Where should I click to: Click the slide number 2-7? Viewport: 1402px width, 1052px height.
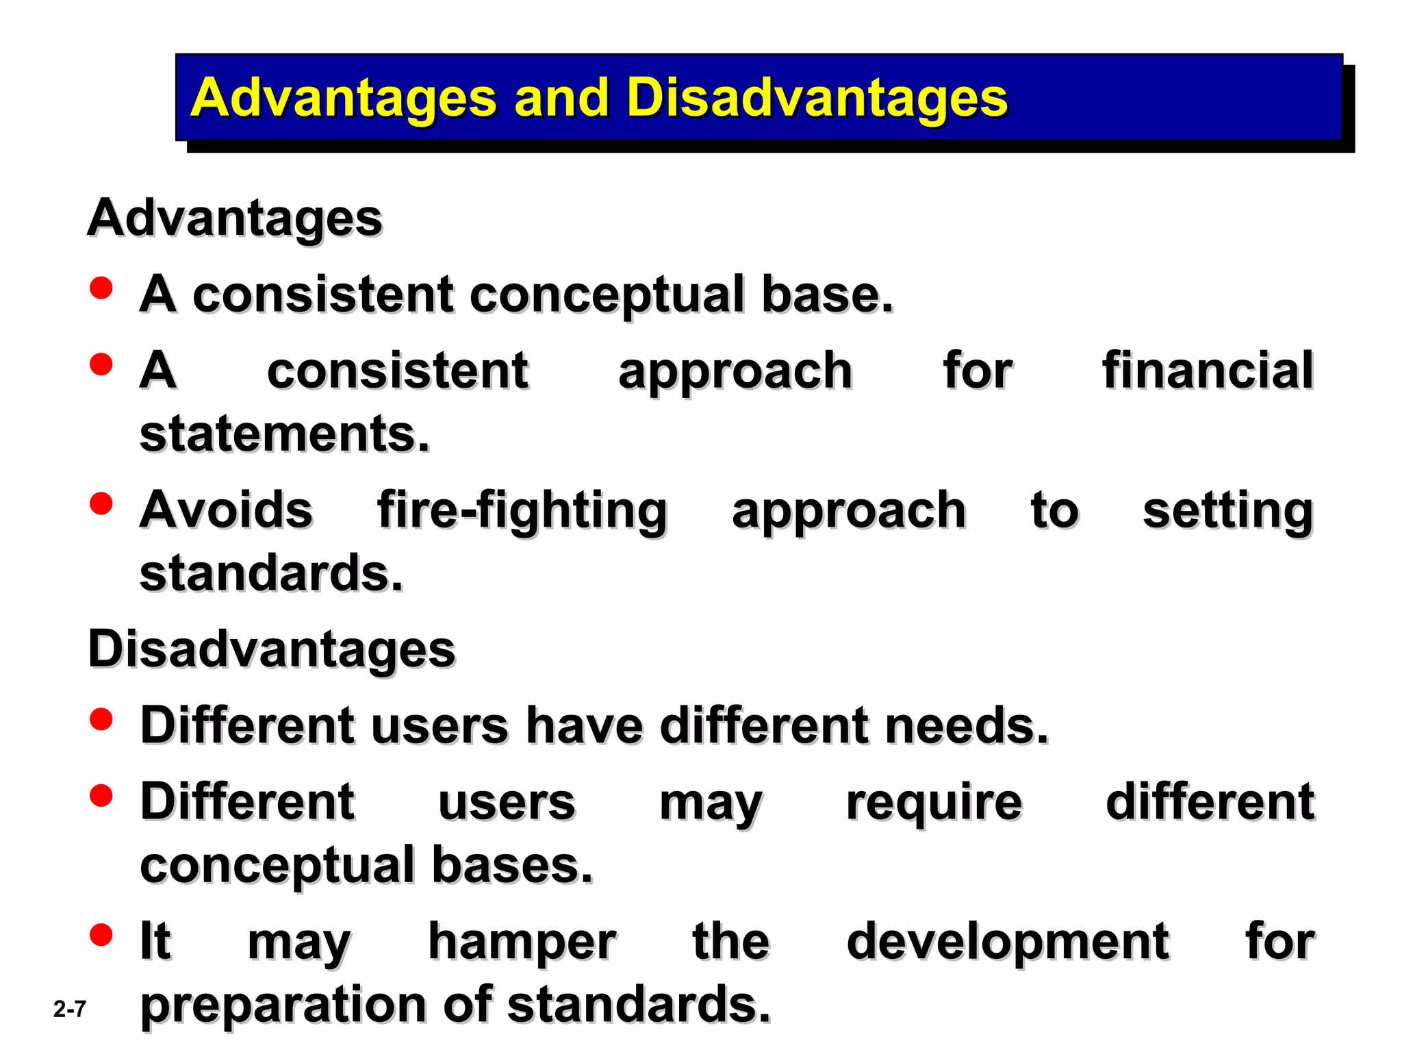click(x=70, y=1009)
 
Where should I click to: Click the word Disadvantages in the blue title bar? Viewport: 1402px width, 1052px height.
click(x=816, y=98)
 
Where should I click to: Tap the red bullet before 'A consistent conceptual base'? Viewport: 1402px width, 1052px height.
click(x=101, y=288)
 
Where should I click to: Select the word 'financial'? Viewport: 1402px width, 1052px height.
click(x=1208, y=371)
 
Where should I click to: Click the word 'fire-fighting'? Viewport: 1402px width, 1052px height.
click(x=522, y=511)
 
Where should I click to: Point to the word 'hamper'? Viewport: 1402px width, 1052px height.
click(x=522, y=942)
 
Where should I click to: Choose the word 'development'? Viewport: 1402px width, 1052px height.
click(x=1008, y=942)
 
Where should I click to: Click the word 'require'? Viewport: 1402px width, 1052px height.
click(x=934, y=802)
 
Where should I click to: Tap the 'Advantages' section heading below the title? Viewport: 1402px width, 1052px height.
click(x=235, y=218)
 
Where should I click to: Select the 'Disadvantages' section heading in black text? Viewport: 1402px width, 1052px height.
click(x=272, y=649)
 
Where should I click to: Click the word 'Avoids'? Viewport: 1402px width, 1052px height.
click(x=226, y=510)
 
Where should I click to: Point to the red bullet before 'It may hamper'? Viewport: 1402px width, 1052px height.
click(x=101, y=934)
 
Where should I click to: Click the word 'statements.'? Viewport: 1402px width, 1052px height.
click(x=284, y=434)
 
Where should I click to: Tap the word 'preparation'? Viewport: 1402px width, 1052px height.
click(x=283, y=1005)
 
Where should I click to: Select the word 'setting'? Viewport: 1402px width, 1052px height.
click(x=1227, y=511)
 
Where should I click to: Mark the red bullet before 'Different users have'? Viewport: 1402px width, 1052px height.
click(x=101, y=719)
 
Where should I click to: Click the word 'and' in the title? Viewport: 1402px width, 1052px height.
click(x=561, y=98)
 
